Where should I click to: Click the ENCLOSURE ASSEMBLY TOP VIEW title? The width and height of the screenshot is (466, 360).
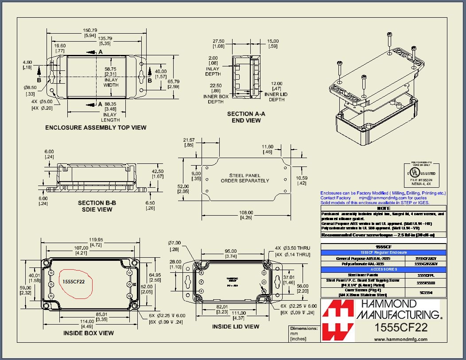(96, 128)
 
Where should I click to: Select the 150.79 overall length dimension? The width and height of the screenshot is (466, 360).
(90, 30)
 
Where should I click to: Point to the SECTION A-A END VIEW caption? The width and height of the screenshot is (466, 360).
(246, 117)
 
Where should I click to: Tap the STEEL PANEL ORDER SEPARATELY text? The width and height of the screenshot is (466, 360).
(245, 178)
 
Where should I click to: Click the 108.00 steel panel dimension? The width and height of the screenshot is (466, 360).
(246, 213)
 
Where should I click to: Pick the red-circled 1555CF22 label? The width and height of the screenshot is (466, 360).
(74, 281)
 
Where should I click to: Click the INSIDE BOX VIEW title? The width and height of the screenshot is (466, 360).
(88, 333)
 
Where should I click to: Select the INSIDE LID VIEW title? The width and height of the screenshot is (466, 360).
(235, 327)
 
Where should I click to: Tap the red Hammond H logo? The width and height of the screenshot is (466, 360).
(338, 320)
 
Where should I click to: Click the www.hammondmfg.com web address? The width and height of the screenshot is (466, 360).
(401, 339)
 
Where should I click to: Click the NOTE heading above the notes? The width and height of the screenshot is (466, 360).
(383, 208)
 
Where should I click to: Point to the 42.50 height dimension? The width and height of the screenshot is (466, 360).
(158, 171)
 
